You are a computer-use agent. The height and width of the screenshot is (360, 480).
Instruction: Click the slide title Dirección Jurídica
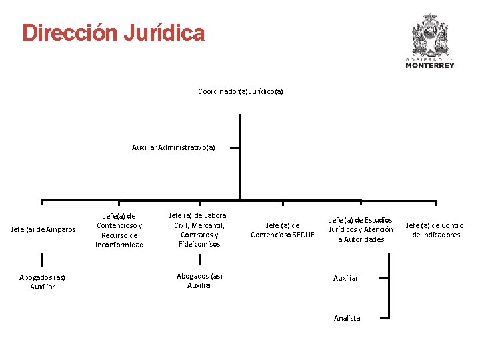113,33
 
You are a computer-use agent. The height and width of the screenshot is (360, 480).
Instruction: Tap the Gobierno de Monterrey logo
430,40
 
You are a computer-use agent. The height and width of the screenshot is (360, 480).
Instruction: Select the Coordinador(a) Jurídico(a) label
240,91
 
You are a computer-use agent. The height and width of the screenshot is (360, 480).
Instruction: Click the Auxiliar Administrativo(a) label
173,147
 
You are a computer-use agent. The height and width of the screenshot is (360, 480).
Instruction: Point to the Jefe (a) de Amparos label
43,230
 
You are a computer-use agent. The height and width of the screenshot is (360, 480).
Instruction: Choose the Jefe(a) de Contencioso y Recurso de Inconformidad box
119,230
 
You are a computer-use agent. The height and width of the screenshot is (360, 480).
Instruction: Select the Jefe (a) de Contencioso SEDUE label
282,230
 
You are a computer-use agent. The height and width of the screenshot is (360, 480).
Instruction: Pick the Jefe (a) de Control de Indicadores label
435,230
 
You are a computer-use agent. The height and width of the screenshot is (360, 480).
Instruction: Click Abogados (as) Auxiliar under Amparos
42,281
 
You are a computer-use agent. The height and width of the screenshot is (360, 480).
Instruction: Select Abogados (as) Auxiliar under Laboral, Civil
199,280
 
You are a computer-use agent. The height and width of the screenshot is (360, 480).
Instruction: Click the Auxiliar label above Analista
345,277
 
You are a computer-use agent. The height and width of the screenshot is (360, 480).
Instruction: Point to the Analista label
347,318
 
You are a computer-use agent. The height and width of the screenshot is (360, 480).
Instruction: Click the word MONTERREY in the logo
430,65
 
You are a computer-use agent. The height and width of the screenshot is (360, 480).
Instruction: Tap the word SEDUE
301,235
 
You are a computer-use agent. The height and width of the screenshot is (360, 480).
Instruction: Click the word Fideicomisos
199,244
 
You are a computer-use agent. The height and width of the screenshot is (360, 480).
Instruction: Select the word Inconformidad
119,245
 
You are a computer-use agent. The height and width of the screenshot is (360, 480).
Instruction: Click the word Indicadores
436,235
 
